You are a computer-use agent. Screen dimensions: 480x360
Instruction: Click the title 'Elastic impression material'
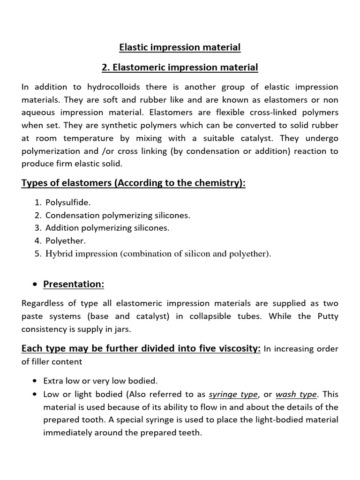click(180, 47)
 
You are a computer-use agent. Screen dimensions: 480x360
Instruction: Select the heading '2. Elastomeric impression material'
click(180, 67)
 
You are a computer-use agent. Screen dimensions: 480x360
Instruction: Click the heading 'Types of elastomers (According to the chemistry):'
click(134, 183)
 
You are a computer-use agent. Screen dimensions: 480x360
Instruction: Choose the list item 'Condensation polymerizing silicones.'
click(118, 216)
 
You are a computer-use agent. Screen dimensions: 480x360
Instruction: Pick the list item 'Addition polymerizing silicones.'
click(107, 228)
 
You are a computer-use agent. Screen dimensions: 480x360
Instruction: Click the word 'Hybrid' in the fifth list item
click(58, 254)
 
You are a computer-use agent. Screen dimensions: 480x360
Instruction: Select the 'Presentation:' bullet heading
click(74, 284)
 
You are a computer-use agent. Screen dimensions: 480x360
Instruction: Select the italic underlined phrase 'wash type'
click(296, 394)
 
